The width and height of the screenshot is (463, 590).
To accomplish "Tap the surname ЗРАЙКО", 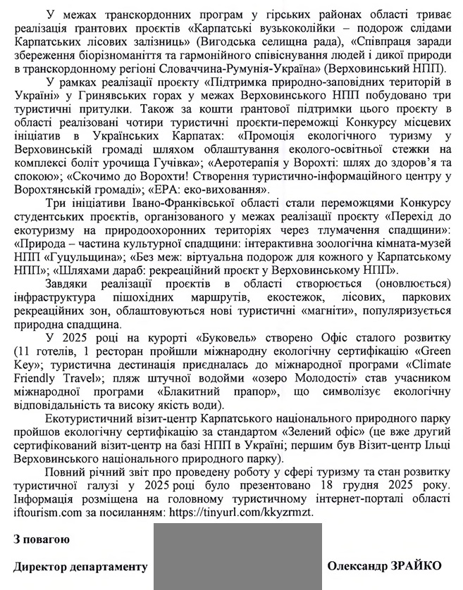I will [x=419, y=565].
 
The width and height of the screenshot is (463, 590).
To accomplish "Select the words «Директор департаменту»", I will [x=80, y=565].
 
